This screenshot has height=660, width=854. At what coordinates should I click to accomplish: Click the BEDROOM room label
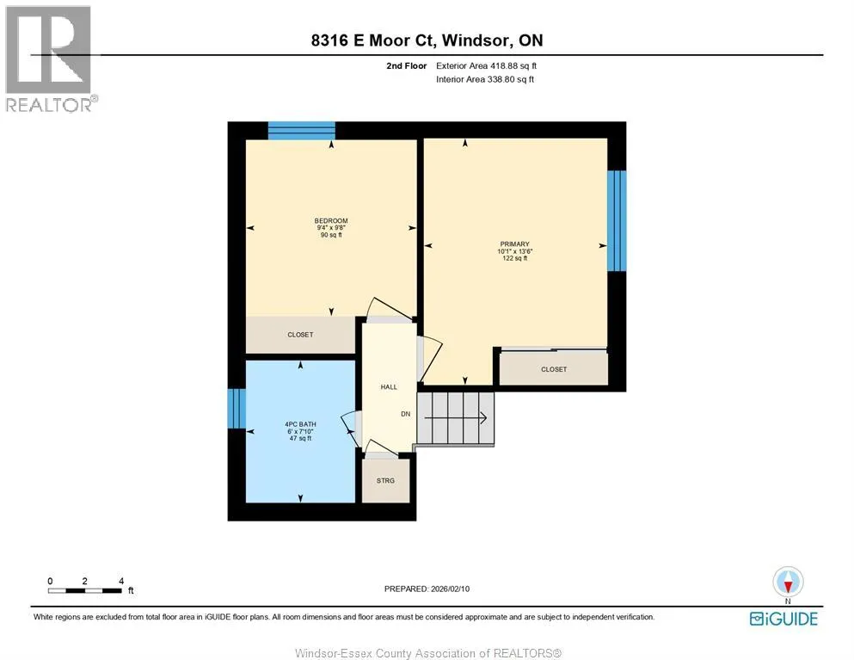[331, 221]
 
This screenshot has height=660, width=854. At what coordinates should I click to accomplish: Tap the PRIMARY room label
[514, 244]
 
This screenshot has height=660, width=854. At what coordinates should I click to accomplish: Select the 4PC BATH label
[300, 424]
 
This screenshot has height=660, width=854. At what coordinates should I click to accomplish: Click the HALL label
[389, 387]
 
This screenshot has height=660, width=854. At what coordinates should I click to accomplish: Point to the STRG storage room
[385, 481]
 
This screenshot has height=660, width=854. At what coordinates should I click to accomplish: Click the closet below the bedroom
[300, 335]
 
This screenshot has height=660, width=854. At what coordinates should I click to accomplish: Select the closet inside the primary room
[553, 368]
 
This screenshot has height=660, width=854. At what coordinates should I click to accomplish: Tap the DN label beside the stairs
[406, 414]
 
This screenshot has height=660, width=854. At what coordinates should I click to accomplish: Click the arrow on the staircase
[455, 418]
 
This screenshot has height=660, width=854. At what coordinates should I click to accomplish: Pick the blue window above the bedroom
[301, 131]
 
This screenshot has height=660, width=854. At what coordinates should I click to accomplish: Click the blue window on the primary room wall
[617, 221]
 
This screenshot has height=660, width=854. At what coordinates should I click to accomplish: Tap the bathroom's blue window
[237, 408]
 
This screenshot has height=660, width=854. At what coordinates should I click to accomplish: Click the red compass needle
[788, 587]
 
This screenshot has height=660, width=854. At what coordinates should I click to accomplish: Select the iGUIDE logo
[783, 619]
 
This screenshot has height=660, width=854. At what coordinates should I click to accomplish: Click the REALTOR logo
[49, 59]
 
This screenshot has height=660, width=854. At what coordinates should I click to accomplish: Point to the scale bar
[85, 591]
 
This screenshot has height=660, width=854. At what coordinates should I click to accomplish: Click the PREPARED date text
[427, 589]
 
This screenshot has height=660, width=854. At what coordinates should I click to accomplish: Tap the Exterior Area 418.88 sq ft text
[487, 66]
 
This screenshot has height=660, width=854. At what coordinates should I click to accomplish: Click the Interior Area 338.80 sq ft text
[485, 79]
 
